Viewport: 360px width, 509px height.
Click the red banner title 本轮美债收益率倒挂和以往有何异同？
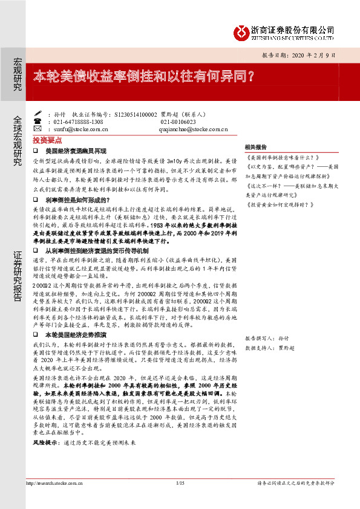[x=143, y=77]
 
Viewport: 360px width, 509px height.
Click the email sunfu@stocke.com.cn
[x=80, y=129]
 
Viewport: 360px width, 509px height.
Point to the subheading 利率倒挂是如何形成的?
[x=76, y=199]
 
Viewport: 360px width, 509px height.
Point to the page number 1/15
[x=180, y=482]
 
